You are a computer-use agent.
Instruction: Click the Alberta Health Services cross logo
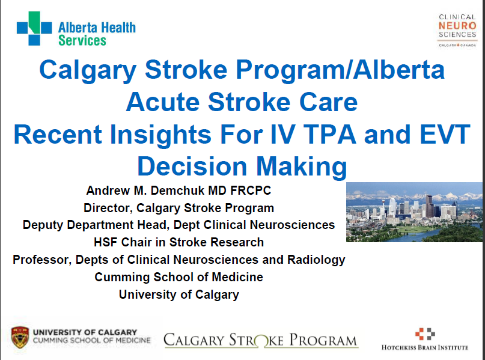point(34,28)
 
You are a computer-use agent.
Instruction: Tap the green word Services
point(82,40)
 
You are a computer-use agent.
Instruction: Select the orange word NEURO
point(457,26)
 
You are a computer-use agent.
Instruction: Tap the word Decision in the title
point(192,166)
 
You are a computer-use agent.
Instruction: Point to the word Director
point(108,208)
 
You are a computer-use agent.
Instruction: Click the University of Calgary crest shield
point(20,337)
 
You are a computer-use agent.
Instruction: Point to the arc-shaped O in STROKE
point(261,340)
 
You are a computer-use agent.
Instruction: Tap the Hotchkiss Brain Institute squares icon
point(425,334)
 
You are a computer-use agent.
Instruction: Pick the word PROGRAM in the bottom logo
point(323,340)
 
